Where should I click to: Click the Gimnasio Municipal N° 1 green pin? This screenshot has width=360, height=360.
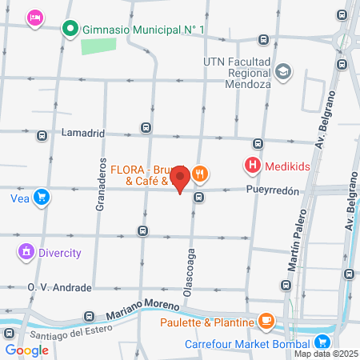pyautogui.click(x=70, y=30)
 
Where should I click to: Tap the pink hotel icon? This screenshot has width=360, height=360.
pyautogui.click(x=34, y=17)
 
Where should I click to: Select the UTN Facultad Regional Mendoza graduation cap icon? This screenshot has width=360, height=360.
pyautogui.click(x=283, y=72)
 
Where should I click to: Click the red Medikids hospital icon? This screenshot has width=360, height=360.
pyautogui.click(x=253, y=166)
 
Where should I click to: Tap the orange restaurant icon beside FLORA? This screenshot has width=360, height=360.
pyautogui.click(x=201, y=173)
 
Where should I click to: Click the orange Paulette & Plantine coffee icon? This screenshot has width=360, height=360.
pyautogui.click(x=266, y=322)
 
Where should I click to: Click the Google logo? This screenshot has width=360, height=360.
pyautogui.click(x=26, y=350)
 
